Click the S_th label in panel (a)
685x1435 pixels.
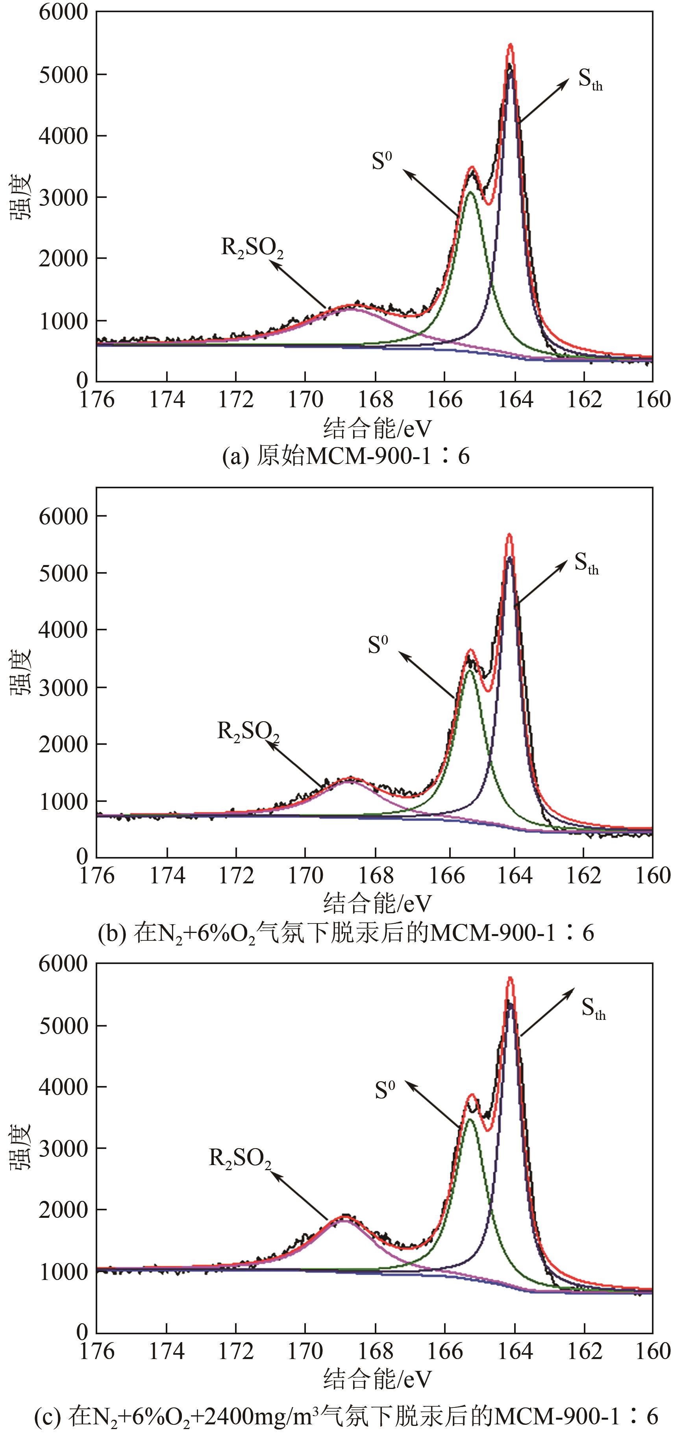[x=590, y=80]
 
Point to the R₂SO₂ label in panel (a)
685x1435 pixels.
[x=252, y=248]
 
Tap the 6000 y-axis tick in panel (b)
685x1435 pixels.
[x=63, y=516]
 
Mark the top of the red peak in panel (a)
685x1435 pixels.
[x=510, y=44]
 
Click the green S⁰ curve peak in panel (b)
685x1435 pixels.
[x=470, y=671]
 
